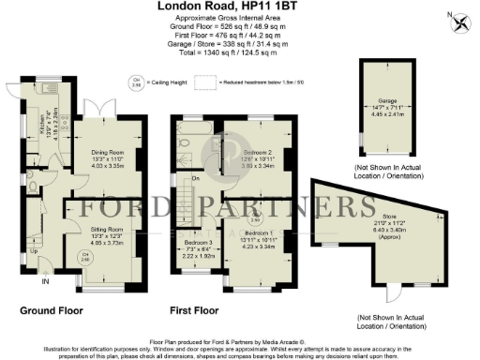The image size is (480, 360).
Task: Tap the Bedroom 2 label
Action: point(258,151)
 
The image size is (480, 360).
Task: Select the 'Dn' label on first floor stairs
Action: point(194,178)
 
